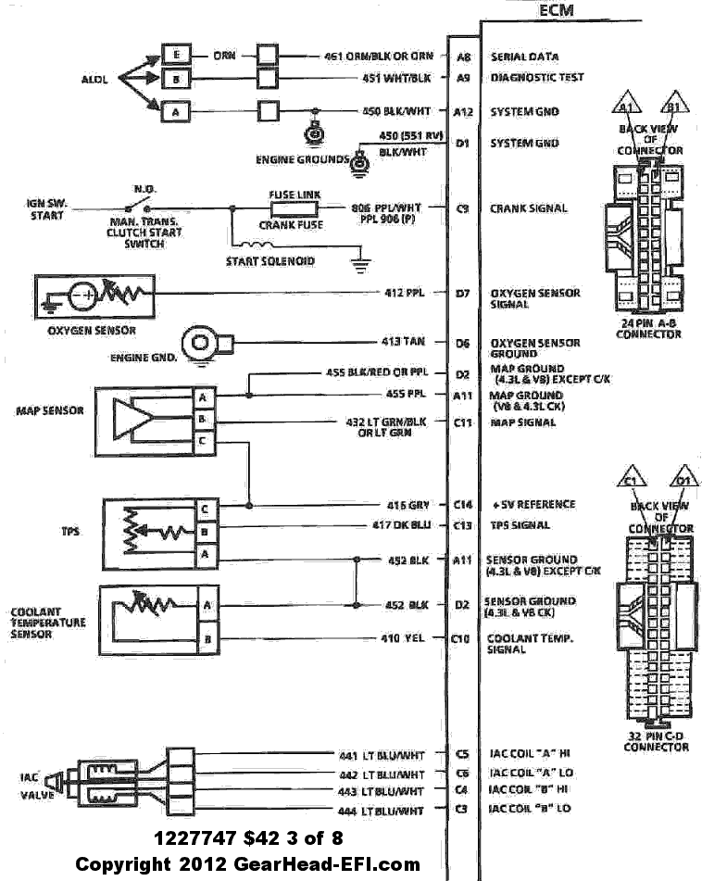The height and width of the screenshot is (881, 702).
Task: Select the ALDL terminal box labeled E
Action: pos(175,55)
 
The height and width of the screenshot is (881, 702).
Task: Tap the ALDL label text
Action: pos(94,80)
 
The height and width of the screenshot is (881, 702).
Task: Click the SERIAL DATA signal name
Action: pos(524,57)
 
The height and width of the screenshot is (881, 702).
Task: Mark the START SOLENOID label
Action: pos(270,261)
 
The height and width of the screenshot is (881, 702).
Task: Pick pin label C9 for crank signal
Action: pos(463,209)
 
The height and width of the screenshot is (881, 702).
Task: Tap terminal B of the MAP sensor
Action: pos(201,420)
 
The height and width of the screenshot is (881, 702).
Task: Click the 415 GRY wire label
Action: pos(407,505)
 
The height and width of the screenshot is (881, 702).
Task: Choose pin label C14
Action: pos(463,505)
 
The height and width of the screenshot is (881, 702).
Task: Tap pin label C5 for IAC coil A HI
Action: pos(463,754)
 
